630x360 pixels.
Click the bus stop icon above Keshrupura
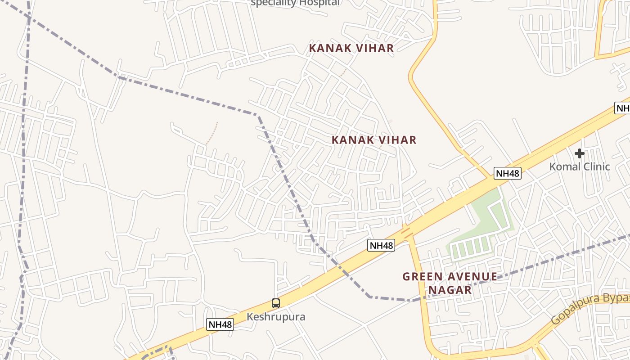pyautogui.click(x=276, y=303)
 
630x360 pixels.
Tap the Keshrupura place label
pyautogui.click(x=276, y=317)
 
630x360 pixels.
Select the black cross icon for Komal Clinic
pyautogui.click(x=579, y=154)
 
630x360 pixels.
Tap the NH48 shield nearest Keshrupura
pyautogui.click(x=220, y=324)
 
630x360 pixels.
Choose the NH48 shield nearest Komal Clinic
pyautogui.click(x=508, y=173)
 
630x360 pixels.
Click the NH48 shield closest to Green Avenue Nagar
pyautogui.click(x=381, y=245)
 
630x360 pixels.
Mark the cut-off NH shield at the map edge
pyautogui.click(x=622, y=108)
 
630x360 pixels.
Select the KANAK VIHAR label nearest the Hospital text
pyautogui.click(x=351, y=48)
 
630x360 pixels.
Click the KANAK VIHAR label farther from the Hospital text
pyautogui.click(x=374, y=140)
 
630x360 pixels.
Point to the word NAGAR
pyautogui.click(x=450, y=290)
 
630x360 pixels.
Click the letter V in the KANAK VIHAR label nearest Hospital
pyautogui.click(x=351, y=48)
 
